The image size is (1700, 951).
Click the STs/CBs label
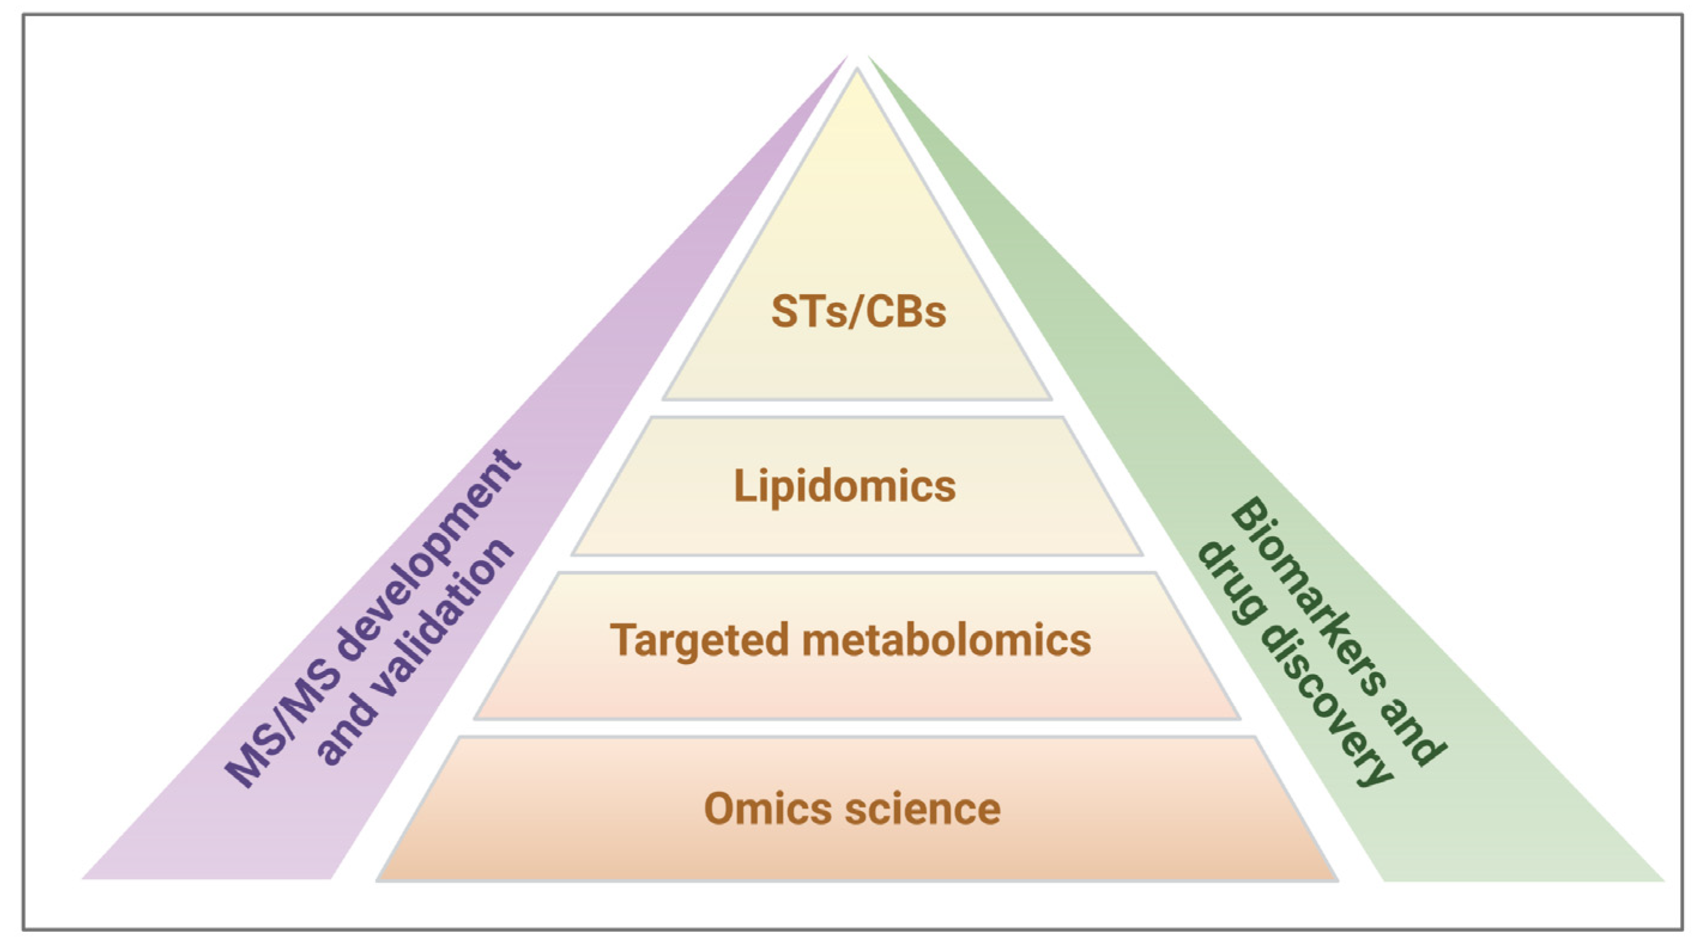(x=859, y=312)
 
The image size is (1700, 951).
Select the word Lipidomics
(x=845, y=487)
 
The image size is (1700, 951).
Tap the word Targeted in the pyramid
(x=699, y=641)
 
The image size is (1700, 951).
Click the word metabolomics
(x=946, y=639)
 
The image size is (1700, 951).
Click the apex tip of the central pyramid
(x=857, y=70)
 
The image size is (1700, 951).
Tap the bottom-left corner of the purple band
(x=84, y=878)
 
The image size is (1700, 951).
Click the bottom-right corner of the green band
(x=1662, y=880)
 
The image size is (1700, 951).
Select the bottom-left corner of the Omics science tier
(x=379, y=880)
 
